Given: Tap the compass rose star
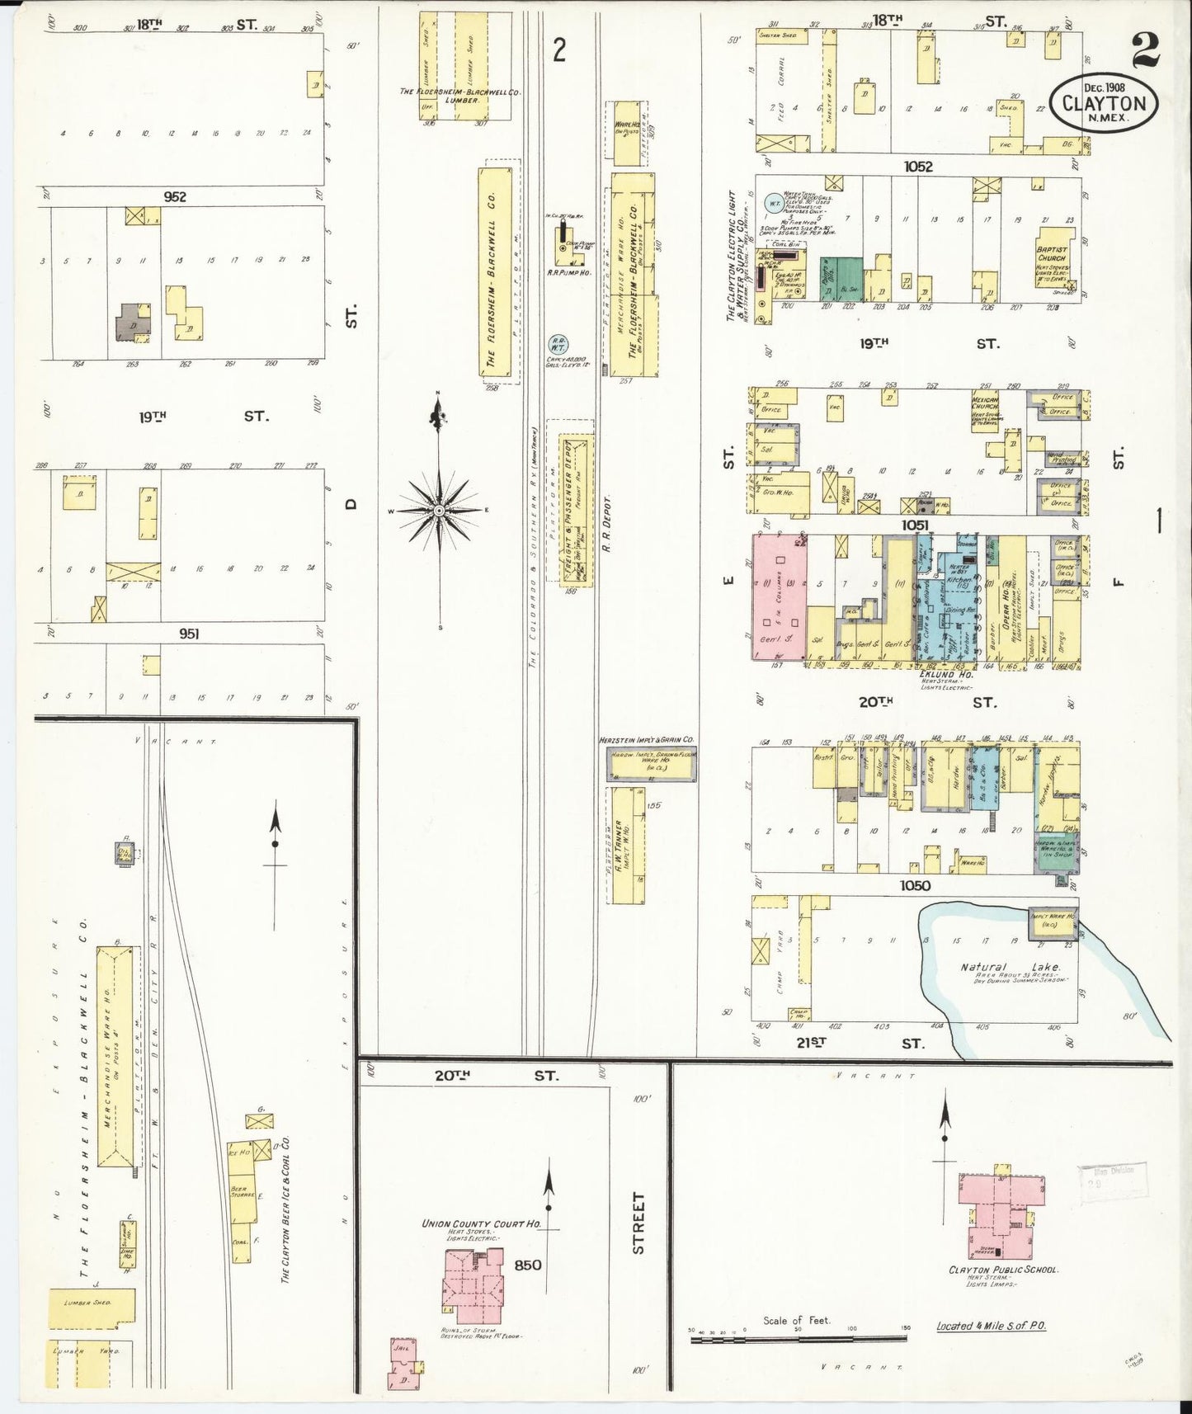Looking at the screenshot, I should [x=440, y=511].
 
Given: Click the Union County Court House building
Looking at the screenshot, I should [x=473, y=1275].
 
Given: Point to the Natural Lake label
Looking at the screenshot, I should [x=1011, y=967].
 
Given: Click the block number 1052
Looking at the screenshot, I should [x=917, y=167].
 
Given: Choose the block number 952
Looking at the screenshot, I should [x=175, y=196].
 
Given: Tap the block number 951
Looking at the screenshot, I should [x=189, y=634].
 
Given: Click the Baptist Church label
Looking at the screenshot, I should [x=1052, y=253].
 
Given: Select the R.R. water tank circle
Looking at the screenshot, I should [x=558, y=345].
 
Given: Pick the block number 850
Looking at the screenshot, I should [x=527, y=1265].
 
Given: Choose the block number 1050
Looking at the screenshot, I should [x=915, y=885].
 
